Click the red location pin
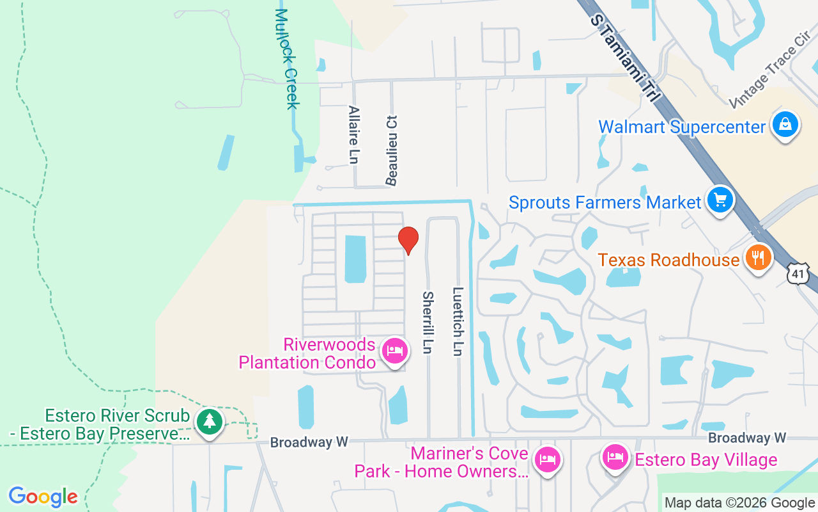click(408, 240)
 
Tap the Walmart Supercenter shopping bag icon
click(785, 125)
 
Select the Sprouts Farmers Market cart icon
click(720, 200)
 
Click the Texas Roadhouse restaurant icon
click(758, 259)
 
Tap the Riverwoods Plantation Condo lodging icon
click(394, 351)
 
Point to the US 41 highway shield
click(798, 274)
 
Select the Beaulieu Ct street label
click(392, 150)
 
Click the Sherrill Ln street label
click(428, 323)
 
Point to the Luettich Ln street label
click(458, 321)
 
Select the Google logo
click(43, 497)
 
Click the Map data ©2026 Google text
click(739, 503)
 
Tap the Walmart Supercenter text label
click(681, 127)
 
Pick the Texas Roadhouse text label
click(668, 260)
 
